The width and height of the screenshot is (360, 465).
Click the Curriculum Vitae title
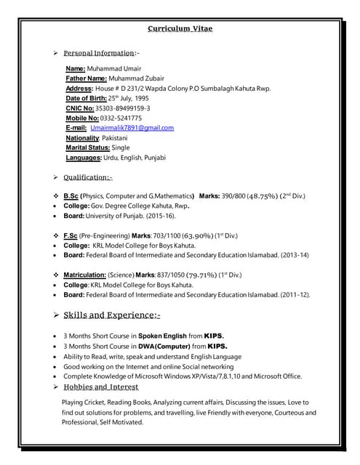[180, 29]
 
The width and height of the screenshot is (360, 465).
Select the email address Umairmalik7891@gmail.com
[132, 128]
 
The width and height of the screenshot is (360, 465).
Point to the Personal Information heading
[99, 54]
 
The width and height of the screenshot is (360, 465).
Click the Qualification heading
[87, 177]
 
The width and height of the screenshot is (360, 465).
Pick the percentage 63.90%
[195, 235]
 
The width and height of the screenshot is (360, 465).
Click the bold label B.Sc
[71, 196]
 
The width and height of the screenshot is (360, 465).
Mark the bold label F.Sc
[71, 235]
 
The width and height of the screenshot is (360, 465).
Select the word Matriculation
[84, 275]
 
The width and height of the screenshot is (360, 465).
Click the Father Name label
[87, 78]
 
